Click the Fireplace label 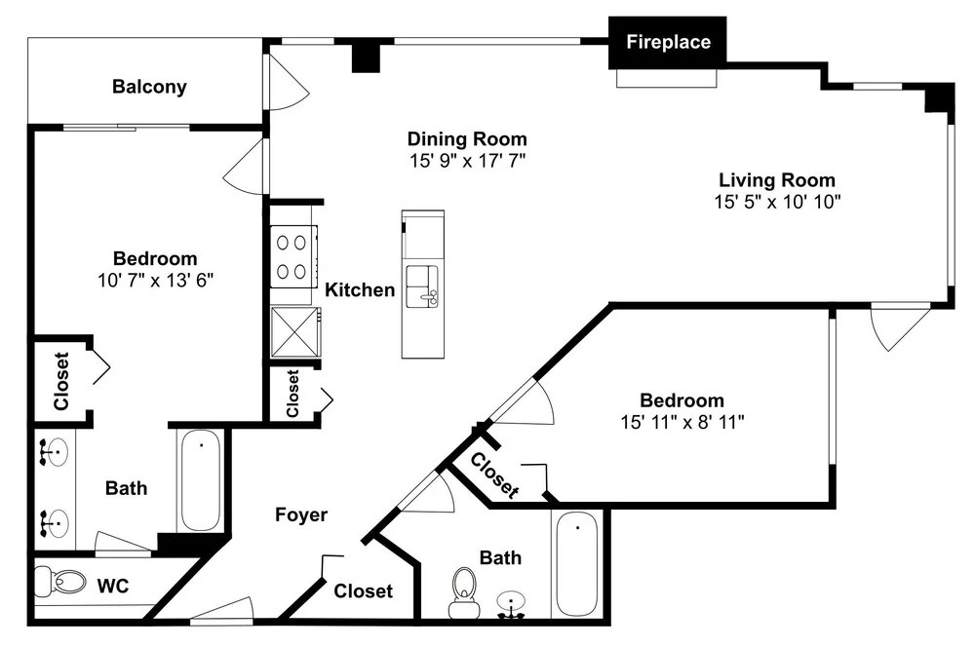pyautogui.click(x=668, y=42)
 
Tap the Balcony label pyautogui.click(x=149, y=87)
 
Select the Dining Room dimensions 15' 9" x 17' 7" pyautogui.click(x=467, y=161)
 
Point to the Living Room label pyautogui.click(x=777, y=179)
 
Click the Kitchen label pyautogui.click(x=360, y=289)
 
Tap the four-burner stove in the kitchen pyautogui.click(x=293, y=256)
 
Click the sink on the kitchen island pyautogui.click(x=422, y=285)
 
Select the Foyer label pyautogui.click(x=301, y=514)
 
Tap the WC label pyautogui.click(x=112, y=586)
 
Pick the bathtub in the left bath pyautogui.click(x=200, y=479)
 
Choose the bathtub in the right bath pyautogui.click(x=577, y=564)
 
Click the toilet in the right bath pyautogui.click(x=464, y=593)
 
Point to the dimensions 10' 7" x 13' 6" pyautogui.click(x=155, y=281)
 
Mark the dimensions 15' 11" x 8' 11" pyautogui.click(x=682, y=422)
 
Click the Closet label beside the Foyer pyautogui.click(x=363, y=590)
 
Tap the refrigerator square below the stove pyautogui.click(x=296, y=332)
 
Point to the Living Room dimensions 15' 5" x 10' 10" pyautogui.click(x=777, y=202)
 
